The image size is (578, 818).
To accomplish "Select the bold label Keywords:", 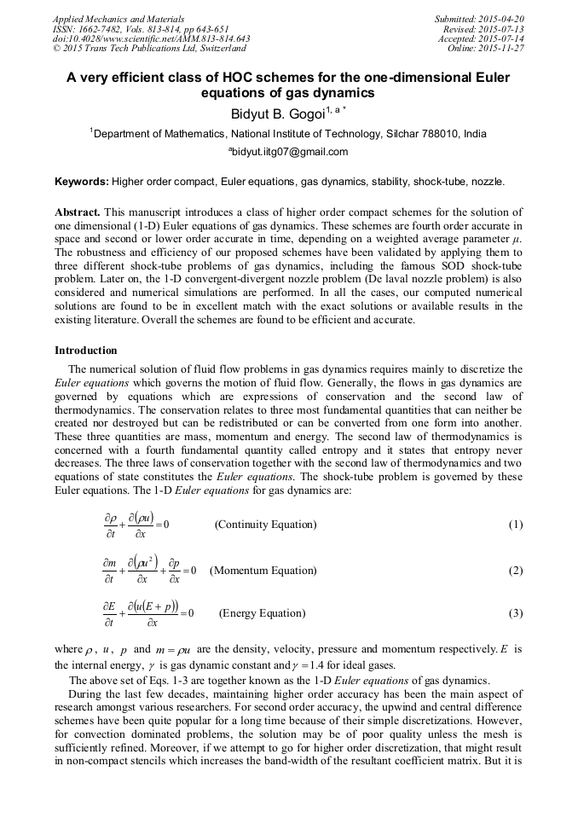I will pos(81,182).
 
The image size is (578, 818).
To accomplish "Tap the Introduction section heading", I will pos(85,351).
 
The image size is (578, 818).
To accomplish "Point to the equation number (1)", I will pos(515,525).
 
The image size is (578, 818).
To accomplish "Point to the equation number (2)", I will pos(515,570).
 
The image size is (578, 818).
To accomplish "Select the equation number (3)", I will pos(515,613).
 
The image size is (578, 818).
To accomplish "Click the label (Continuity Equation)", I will pos(265,525).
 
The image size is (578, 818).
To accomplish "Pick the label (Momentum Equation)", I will pos(263,570).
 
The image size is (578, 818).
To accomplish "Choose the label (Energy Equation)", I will pos(262,613).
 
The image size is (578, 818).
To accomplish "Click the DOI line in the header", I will pos(151,39).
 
